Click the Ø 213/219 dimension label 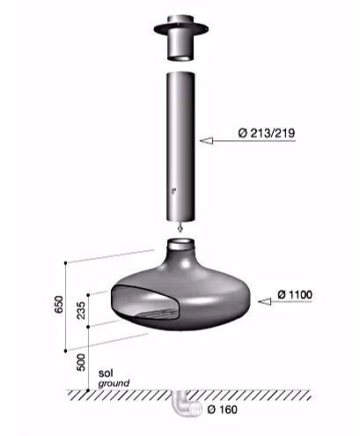tap(266, 133)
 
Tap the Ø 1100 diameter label tap(295, 294)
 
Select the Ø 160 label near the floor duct tap(222, 410)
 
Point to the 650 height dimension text tap(59, 305)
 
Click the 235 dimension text tap(81, 310)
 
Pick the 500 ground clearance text tap(81, 362)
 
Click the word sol tap(106, 373)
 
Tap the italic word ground tap(114, 383)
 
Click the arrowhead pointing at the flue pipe tap(206, 141)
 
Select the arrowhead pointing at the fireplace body tap(264, 301)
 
